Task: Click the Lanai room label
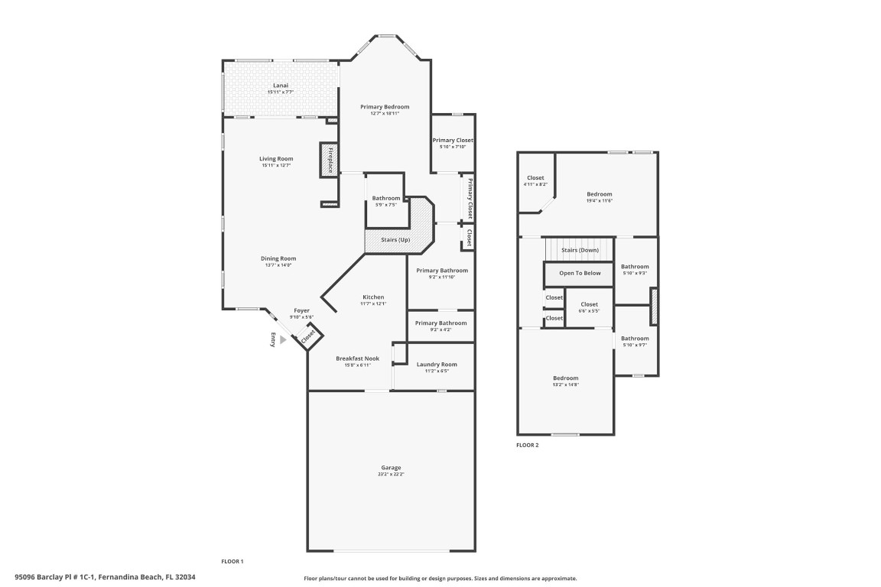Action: pyautogui.click(x=280, y=86)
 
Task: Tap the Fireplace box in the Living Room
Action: pyautogui.click(x=329, y=161)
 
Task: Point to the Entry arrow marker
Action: pyautogui.click(x=282, y=340)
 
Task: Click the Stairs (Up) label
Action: pyautogui.click(x=395, y=240)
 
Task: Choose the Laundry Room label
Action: pyautogui.click(x=437, y=365)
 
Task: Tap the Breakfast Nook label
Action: pyautogui.click(x=357, y=358)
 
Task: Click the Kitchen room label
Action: pyautogui.click(x=373, y=297)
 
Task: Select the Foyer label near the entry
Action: pyautogui.click(x=301, y=311)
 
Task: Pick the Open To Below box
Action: pyautogui.click(x=580, y=273)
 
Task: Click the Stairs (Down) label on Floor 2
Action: pyautogui.click(x=580, y=250)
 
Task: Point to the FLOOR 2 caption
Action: pyautogui.click(x=527, y=445)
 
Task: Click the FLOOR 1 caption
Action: pyautogui.click(x=232, y=562)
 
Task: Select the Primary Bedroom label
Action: pyautogui.click(x=385, y=107)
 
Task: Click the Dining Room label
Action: pyautogui.click(x=278, y=259)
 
